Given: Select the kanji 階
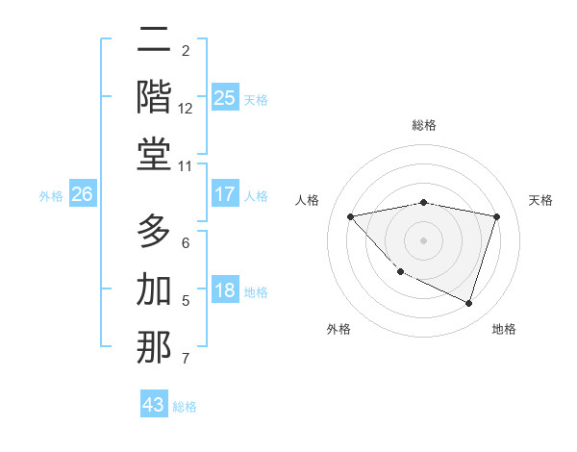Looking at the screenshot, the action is (x=154, y=96).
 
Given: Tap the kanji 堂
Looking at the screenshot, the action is (x=154, y=154).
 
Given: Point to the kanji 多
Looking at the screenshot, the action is (x=154, y=231).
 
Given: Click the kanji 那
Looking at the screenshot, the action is (x=154, y=347).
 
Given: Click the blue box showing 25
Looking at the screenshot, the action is (x=224, y=97).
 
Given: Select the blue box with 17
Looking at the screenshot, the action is (x=224, y=194).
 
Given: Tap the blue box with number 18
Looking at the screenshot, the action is (x=224, y=290).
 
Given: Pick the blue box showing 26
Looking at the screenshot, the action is (x=82, y=194).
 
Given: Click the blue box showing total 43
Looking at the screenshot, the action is (x=154, y=405).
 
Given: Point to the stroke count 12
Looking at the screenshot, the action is (x=186, y=109).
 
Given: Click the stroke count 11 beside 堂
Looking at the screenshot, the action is (x=186, y=166).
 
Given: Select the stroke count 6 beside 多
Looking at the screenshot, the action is (x=186, y=243).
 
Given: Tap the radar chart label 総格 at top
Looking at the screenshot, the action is (x=423, y=125).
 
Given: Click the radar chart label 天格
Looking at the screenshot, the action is (x=541, y=200).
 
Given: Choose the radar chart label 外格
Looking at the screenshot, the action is (x=339, y=329).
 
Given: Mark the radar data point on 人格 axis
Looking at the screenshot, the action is (x=350, y=216).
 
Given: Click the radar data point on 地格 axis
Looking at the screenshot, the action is (x=468, y=303).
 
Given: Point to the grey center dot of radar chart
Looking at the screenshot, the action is (x=423, y=240).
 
